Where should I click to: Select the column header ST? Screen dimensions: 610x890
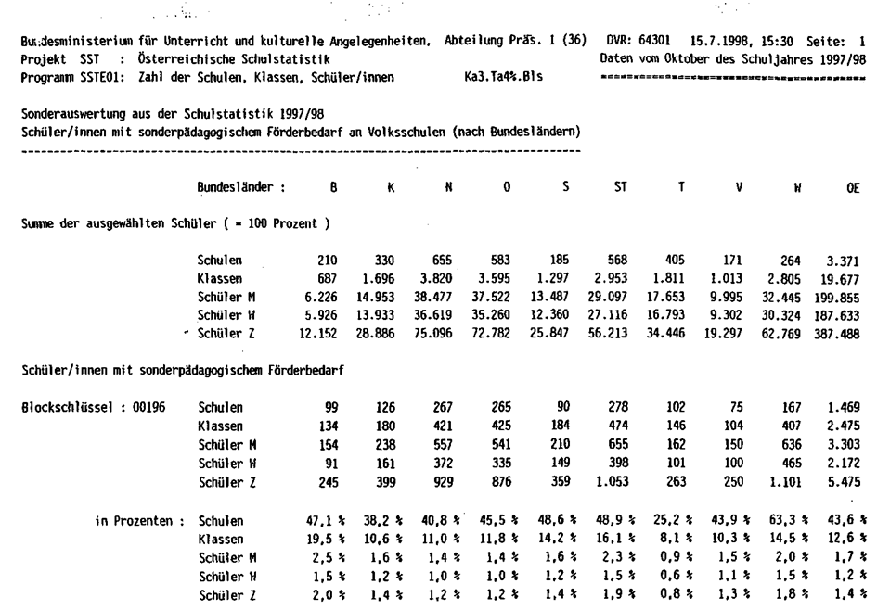pos(621,186)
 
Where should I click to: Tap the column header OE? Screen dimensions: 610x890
pos(853,186)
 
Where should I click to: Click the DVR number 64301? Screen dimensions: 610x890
pos(657,41)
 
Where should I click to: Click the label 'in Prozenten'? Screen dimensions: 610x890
pos(137,520)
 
